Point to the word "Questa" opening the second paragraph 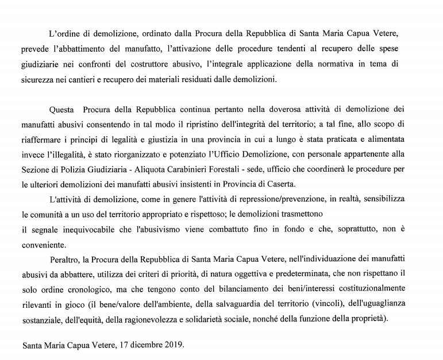click(x=64, y=108)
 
